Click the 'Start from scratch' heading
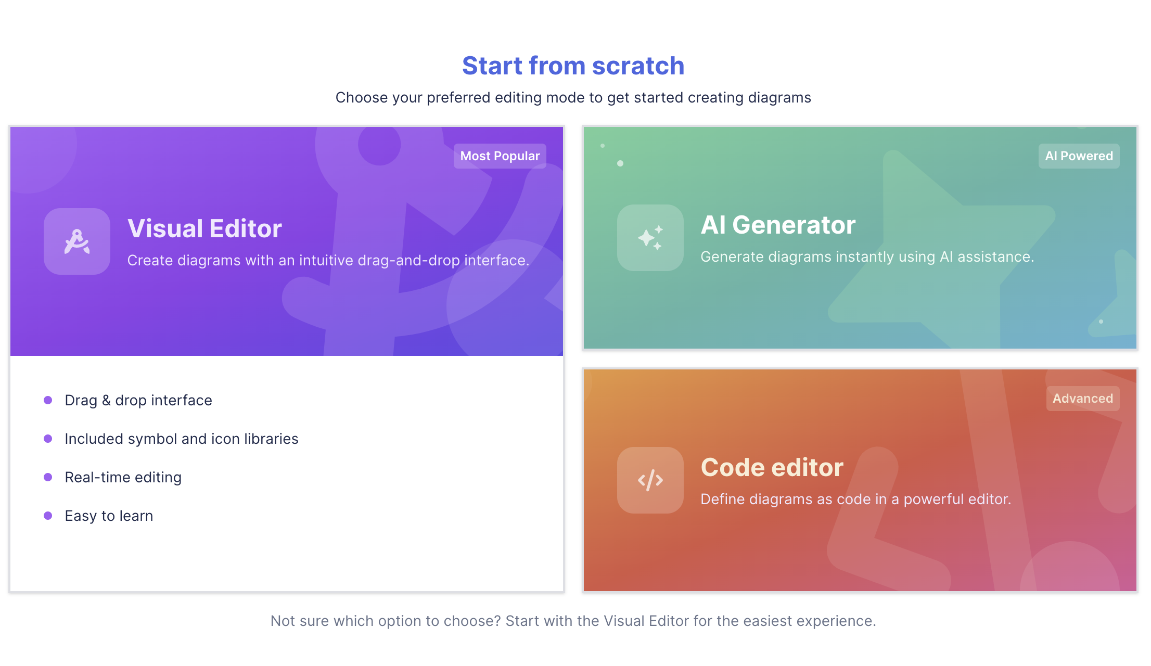(x=573, y=66)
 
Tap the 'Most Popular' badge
(x=500, y=156)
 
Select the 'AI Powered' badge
(x=1079, y=156)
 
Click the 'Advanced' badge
(x=1083, y=399)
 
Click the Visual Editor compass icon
(x=77, y=241)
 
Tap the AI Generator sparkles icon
(x=650, y=238)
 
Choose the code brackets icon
(x=650, y=480)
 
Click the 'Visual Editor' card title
(x=204, y=228)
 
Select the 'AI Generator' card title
(x=778, y=225)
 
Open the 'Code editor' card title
(x=772, y=467)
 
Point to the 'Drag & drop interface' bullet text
(x=138, y=400)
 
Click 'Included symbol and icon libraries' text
(x=182, y=439)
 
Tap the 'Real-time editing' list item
(x=123, y=477)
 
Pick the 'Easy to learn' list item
(x=109, y=516)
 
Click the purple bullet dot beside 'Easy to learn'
(x=48, y=516)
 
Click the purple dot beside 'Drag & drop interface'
(x=48, y=400)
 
